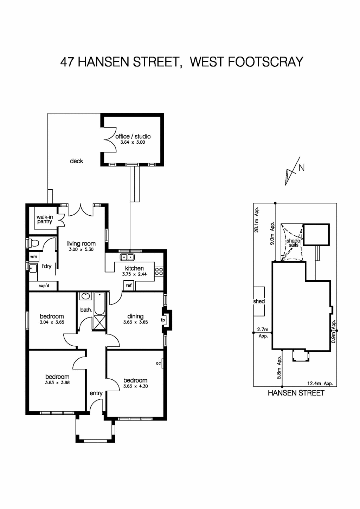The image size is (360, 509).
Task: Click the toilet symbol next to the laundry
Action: click(33, 243)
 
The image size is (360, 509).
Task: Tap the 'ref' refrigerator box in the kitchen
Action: click(129, 286)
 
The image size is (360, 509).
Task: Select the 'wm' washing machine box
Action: click(34, 257)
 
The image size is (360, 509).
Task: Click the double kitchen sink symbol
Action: click(127, 257)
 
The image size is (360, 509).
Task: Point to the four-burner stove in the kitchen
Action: click(159, 271)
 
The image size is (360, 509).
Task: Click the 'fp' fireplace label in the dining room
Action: click(163, 320)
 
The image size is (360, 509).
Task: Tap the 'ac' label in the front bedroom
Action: click(158, 363)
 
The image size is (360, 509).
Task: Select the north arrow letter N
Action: click(301, 168)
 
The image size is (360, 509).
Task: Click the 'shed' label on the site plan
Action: click(259, 301)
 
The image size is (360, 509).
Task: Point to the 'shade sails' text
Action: click(293, 243)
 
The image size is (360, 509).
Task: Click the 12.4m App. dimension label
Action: click(320, 384)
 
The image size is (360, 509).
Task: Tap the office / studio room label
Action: click(133, 136)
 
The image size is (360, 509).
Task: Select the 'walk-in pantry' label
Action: click(45, 219)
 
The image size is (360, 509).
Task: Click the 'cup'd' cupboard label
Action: click(44, 286)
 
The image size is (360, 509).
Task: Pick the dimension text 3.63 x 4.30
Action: click(135, 386)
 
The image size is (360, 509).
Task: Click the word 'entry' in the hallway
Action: click(96, 393)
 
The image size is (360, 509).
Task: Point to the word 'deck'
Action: click(76, 161)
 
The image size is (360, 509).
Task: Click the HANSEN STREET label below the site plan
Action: click(296, 393)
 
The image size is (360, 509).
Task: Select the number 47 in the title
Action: click(67, 62)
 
